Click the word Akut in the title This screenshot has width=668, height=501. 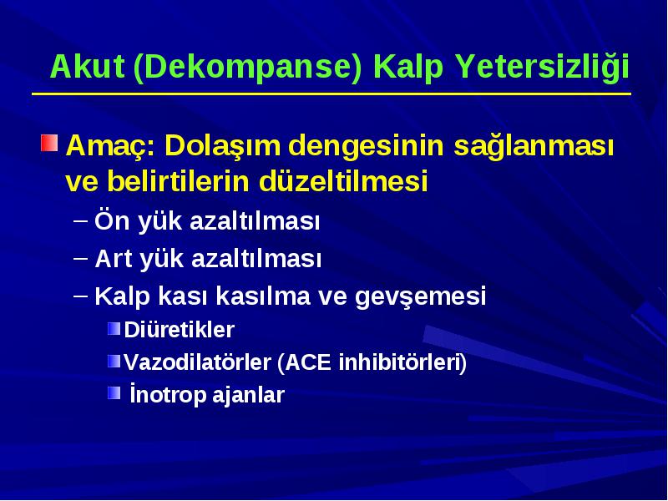pos(88,67)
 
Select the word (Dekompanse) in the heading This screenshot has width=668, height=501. pos(247,68)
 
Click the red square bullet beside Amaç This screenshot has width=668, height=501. pos(49,143)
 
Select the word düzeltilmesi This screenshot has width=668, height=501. pos(343,180)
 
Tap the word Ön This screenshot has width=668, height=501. pos(112,220)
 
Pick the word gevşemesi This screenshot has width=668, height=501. pos(421,296)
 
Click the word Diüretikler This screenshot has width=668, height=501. pos(180,329)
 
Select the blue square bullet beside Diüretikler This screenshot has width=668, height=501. pos(114,328)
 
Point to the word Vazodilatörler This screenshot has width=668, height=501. pos(198,362)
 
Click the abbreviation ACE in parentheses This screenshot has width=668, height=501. pos(307,362)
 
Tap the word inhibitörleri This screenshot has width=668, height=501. pos(400,362)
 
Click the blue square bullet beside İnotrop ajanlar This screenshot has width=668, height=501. pos(114,392)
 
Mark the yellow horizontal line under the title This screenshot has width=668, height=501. pos(331,94)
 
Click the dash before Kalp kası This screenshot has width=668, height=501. pos(80,296)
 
